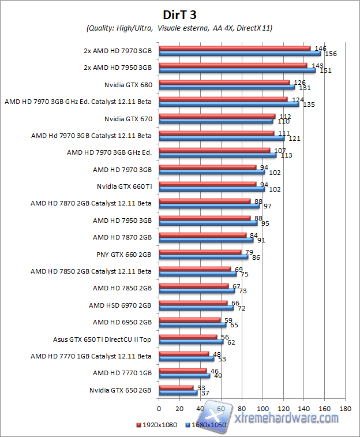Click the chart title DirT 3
(179, 14)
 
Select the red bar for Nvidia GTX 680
(224, 83)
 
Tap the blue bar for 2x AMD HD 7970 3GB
(240, 54)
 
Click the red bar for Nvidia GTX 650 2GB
(176, 388)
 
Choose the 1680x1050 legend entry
(207, 425)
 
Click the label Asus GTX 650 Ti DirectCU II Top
(102, 339)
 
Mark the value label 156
(331, 54)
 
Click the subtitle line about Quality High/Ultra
(179, 28)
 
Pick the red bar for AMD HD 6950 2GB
(190, 320)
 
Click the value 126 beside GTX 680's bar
(299, 83)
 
